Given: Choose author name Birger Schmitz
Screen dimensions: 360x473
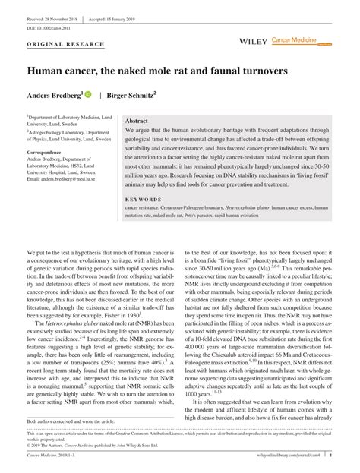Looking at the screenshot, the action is click(x=134, y=96).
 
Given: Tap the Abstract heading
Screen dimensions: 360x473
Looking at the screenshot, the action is click(x=137, y=121).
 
